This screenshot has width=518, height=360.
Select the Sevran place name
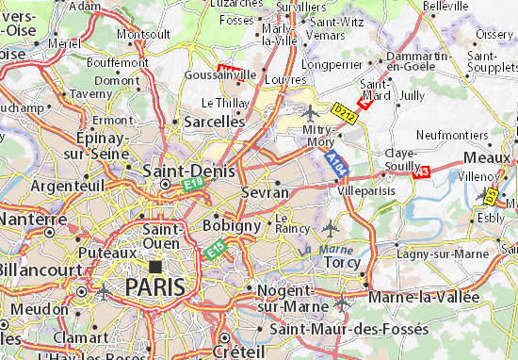click(266, 192)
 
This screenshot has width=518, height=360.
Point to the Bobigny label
click(232, 226)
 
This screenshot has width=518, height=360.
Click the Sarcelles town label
click(209, 123)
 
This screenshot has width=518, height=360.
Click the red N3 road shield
click(420, 171)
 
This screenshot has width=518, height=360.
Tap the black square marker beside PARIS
click(155, 267)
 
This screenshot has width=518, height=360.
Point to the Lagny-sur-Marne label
click(443, 254)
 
